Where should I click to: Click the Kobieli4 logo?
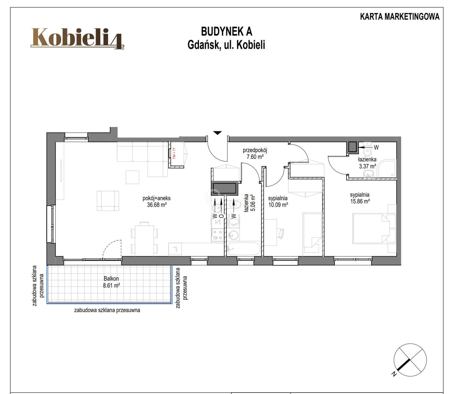pyautogui.click(x=77, y=38)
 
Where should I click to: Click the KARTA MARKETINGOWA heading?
pyautogui.click(x=400, y=17)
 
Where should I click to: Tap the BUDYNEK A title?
pyautogui.click(x=226, y=32)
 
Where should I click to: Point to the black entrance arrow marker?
pyautogui.click(x=218, y=133)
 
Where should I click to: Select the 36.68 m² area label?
pyautogui.click(x=157, y=205)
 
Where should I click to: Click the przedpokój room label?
pyautogui.click(x=255, y=150)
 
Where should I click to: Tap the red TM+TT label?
pyautogui.click(x=174, y=153)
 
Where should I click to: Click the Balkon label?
pyautogui.click(x=111, y=278)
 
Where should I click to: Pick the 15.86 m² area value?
pyautogui.click(x=360, y=201)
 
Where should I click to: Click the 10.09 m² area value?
pyautogui.click(x=278, y=205)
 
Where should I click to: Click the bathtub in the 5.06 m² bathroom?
pyautogui.click(x=244, y=249)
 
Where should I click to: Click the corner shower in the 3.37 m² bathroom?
pyautogui.click(x=387, y=169)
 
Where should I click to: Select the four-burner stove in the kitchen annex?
pyautogui.click(x=218, y=235)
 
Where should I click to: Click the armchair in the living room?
pyautogui.click(x=108, y=201)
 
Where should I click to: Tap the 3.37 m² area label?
pyautogui.click(x=368, y=166)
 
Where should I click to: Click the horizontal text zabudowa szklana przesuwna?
pyautogui.click(x=107, y=310)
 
